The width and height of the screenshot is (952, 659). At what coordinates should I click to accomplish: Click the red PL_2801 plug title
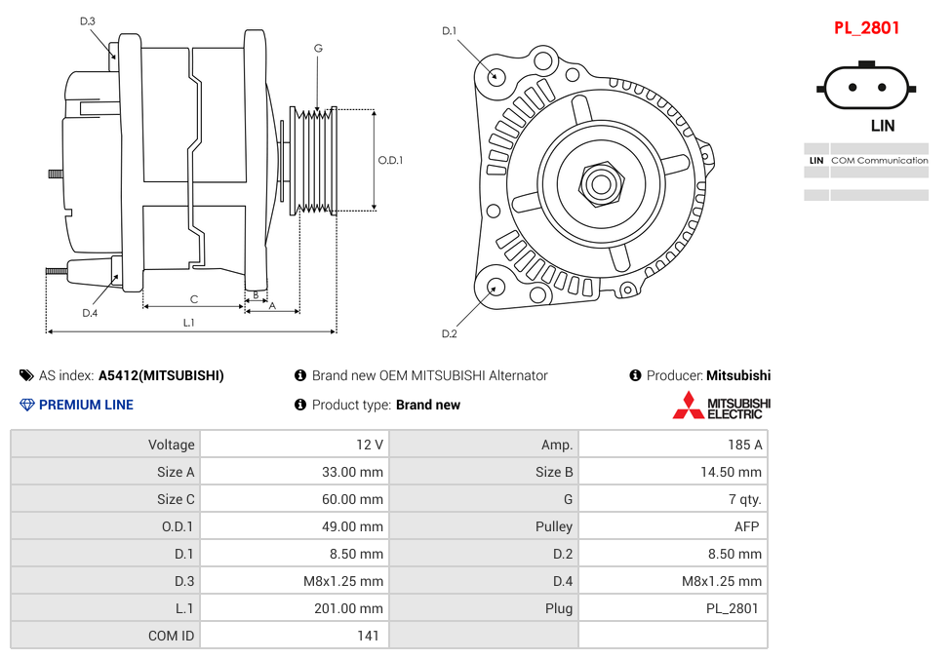(x=866, y=28)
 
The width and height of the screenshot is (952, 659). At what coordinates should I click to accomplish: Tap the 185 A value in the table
(x=744, y=445)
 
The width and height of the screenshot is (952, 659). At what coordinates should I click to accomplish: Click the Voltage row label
(x=171, y=445)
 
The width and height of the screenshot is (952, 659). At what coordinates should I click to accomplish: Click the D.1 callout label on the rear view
(x=449, y=31)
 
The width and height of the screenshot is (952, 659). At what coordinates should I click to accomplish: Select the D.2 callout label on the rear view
(x=449, y=333)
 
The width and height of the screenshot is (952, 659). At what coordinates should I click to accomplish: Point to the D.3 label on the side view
(x=88, y=21)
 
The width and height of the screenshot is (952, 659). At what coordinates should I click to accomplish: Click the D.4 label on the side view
(x=90, y=313)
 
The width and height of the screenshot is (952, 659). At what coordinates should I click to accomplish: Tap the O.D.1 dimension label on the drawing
(x=390, y=161)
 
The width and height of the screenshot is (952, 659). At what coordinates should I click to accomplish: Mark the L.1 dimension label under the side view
(x=189, y=323)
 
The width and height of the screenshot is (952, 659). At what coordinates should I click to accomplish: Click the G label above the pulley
(x=318, y=48)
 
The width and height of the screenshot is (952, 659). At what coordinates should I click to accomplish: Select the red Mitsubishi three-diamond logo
(x=688, y=406)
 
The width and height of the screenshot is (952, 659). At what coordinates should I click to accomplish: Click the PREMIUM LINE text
(x=86, y=405)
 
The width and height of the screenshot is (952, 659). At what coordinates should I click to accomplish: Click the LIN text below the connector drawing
(x=882, y=126)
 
